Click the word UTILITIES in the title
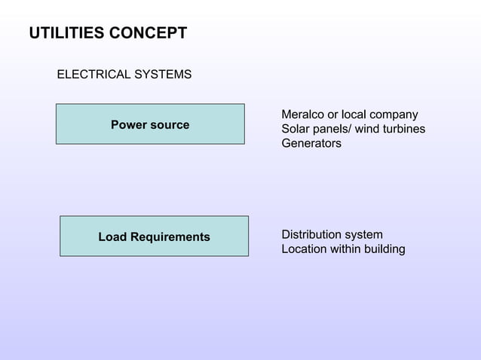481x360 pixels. tap(66, 34)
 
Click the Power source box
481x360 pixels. tap(150, 124)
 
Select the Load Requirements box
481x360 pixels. tap(154, 236)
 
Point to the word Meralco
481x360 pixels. tap(302, 114)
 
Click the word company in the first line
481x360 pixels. tap(391, 114)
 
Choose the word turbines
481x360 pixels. tap(401, 129)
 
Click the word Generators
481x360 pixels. tap(311, 143)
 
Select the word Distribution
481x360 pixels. tap(311, 234)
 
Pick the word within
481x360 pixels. tap(345, 249)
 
